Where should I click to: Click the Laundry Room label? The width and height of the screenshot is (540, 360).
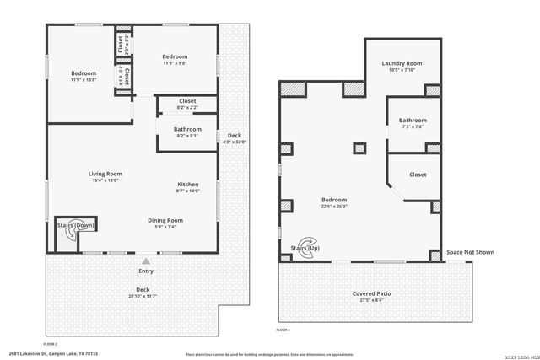pyautogui.click(x=402, y=63)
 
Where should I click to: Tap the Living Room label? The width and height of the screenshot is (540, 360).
pyautogui.click(x=105, y=174)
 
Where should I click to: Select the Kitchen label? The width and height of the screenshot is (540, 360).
pyautogui.click(x=187, y=185)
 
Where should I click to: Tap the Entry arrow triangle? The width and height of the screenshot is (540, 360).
pyautogui.click(x=146, y=261)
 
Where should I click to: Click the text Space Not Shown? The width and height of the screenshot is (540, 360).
pyautogui.click(x=470, y=252)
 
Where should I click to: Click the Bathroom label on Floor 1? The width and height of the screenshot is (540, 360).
pyautogui.click(x=413, y=120)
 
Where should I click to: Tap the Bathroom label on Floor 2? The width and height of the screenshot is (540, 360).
pyautogui.click(x=187, y=129)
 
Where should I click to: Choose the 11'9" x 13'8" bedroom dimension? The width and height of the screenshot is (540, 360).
pyautogui.click(x=84, y=80)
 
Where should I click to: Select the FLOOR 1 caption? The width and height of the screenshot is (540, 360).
pyautogui.click(x=283, y=330)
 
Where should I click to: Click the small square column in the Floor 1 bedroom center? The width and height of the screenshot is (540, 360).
pyautogui.click(x=359, y=149)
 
